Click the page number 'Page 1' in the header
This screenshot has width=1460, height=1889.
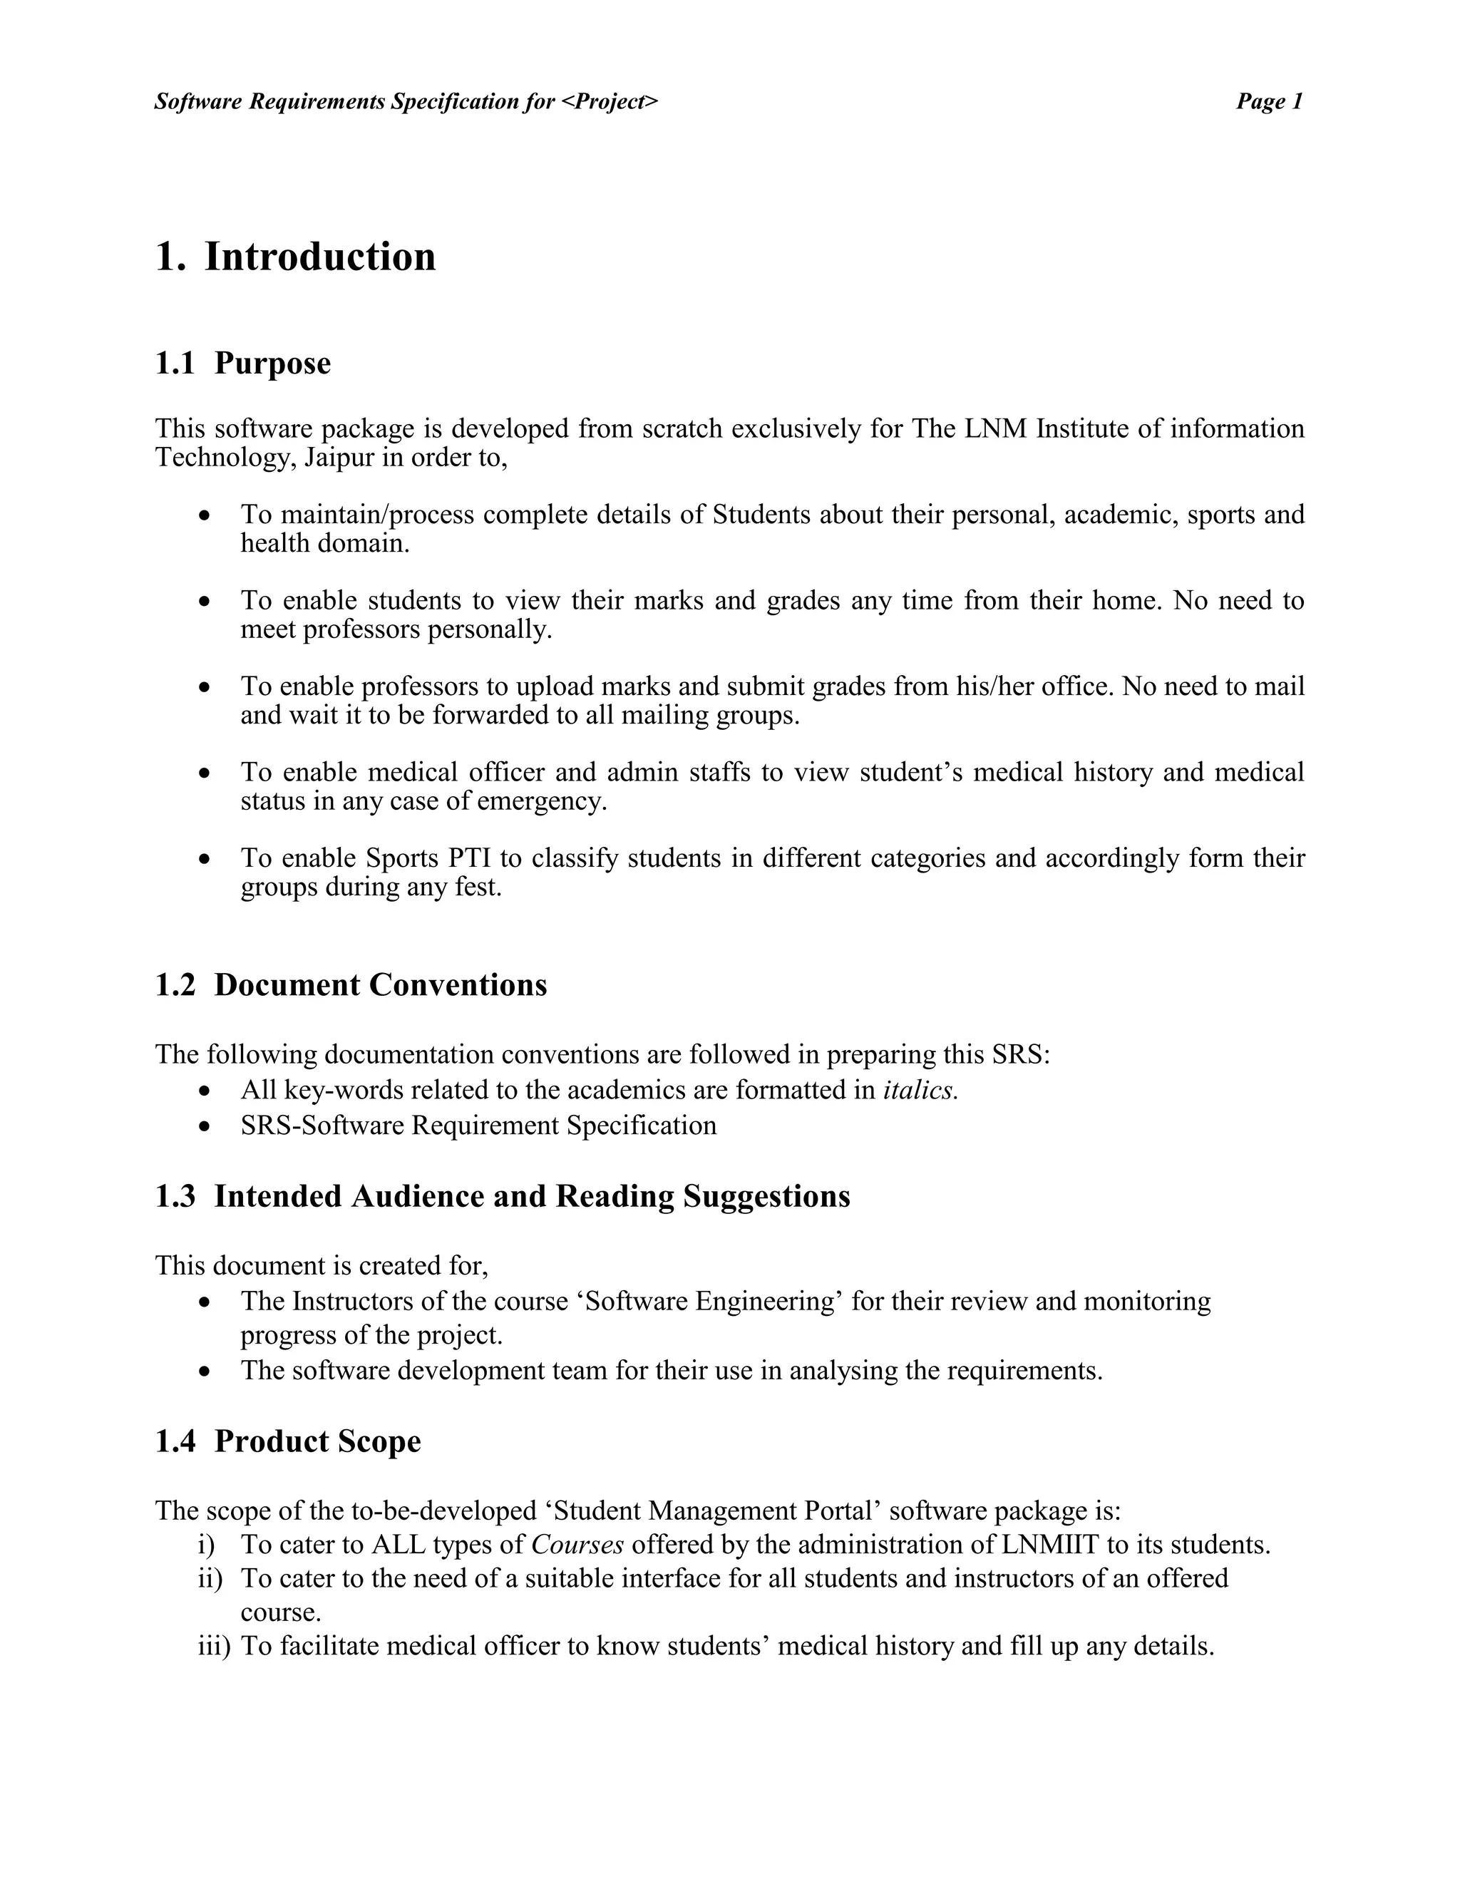coord(1268,102)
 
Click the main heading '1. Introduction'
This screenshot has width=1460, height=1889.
coord(295,257)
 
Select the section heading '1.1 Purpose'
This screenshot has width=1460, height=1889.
coord(242,364)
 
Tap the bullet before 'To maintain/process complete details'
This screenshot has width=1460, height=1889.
coord(204,515)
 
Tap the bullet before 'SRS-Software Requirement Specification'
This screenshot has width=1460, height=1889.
coord(204,1127)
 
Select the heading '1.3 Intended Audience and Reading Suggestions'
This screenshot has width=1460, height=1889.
coord(502,1196)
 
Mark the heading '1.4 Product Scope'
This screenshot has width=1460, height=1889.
coord(287,1441)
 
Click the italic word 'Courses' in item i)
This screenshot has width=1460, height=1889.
coord(577,1545)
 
